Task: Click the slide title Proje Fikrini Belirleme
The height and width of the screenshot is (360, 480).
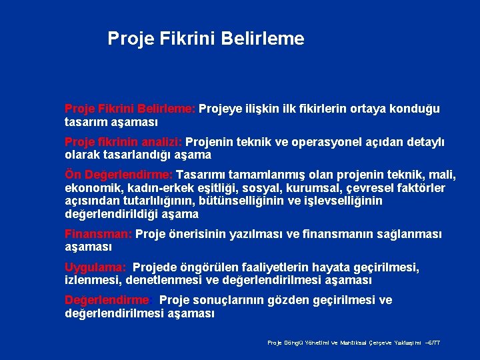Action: [x=206, y=39]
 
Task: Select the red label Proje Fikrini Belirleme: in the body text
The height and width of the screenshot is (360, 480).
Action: [x=130, y=109]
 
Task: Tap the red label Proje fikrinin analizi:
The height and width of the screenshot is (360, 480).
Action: [x=123, y=142]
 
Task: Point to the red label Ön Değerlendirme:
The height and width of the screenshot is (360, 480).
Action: [x=119, y=175]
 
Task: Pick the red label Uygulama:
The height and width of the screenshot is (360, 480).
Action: [x=96, y=267]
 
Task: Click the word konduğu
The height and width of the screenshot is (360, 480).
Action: [x=416, y=109]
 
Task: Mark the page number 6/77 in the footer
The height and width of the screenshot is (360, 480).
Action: [x=432, y=343]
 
